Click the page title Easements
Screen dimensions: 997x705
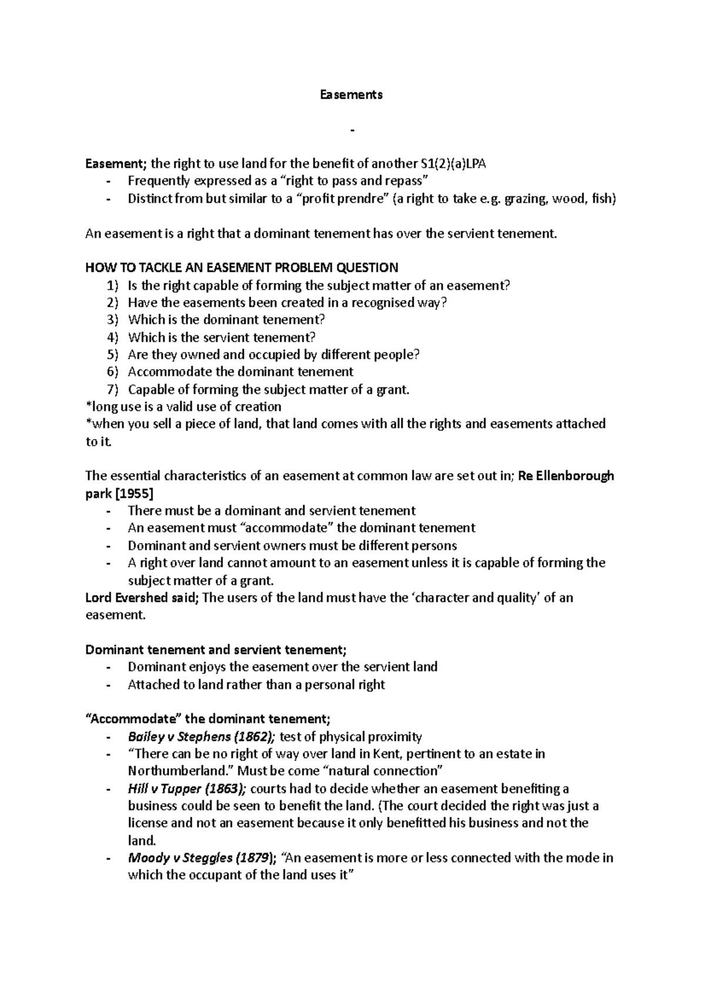[x=351, y=95]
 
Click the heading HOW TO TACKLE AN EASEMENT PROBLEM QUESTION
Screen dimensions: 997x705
[x=241, y=268]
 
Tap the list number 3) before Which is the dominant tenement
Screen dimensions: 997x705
[x=112, y=320]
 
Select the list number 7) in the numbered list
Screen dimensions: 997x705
[x=112, y=389]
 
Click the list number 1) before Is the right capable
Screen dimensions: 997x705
[x=112, y=286]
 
